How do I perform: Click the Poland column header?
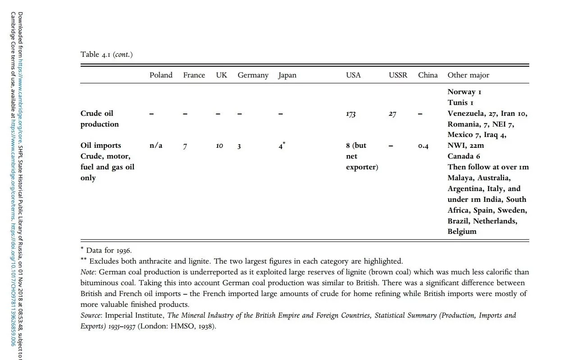161,75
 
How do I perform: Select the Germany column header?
253,75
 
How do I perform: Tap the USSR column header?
398,75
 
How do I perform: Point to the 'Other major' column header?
468,75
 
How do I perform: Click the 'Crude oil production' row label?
100,119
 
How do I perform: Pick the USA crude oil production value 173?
350,114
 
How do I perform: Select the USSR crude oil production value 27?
392,114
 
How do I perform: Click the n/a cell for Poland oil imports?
155,146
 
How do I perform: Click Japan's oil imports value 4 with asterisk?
282,146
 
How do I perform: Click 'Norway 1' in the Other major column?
464,92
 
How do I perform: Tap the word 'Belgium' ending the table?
462,232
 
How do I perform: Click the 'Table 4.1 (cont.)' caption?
106,55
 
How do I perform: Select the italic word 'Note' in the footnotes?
88,272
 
